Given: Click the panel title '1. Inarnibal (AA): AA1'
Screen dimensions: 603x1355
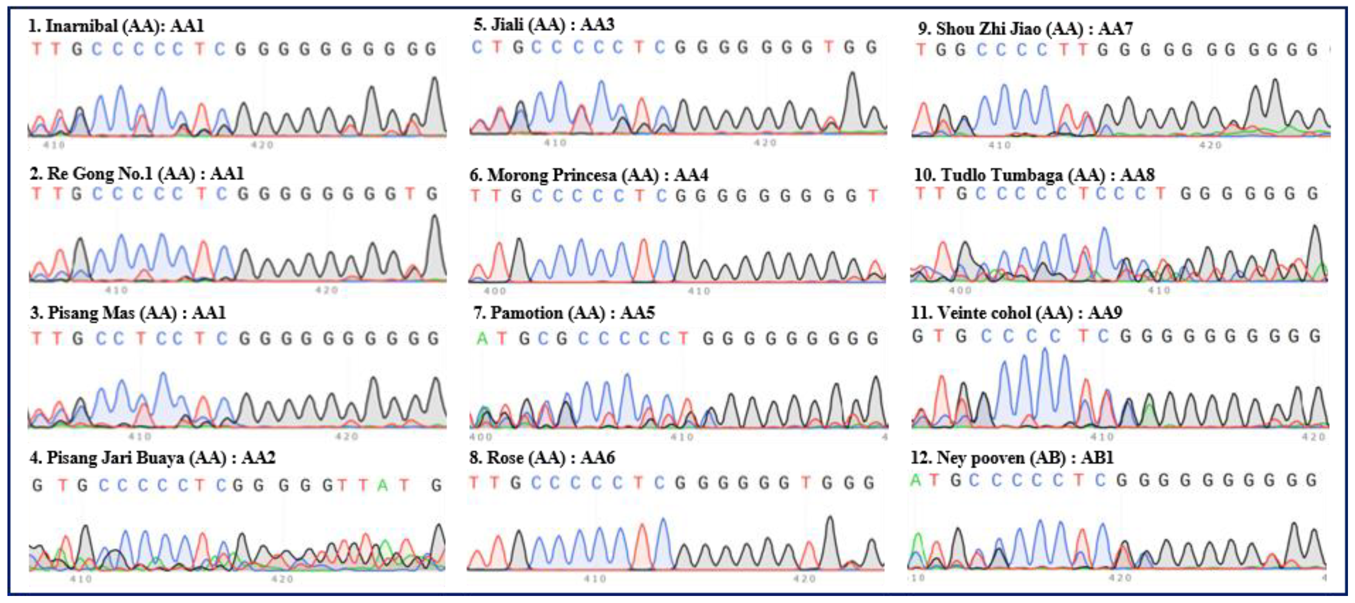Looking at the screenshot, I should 116,26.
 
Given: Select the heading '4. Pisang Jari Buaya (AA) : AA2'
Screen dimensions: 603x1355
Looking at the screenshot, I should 153,457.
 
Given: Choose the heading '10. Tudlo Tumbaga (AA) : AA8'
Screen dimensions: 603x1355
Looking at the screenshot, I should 1034,175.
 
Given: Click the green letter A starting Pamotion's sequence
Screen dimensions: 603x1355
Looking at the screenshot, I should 481,338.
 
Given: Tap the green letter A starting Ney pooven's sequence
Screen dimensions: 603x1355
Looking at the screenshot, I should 916,480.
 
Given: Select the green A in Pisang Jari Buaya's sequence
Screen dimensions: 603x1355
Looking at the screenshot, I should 382,485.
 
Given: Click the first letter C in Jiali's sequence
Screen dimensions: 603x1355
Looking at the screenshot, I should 477,48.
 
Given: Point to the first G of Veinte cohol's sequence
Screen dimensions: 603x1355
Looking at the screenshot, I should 918,336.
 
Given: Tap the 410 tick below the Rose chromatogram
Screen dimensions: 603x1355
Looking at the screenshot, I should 595,579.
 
